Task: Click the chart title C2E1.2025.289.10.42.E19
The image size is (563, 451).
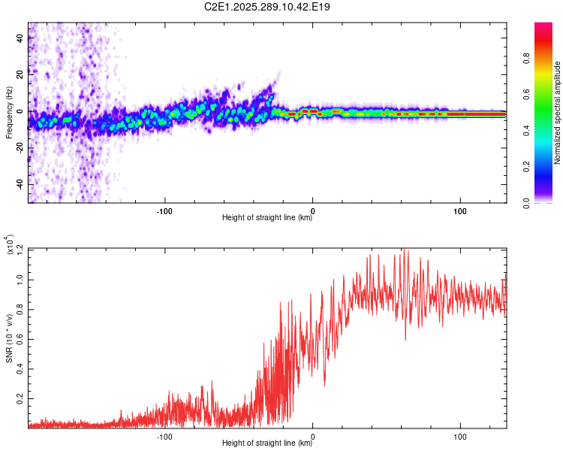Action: coord(268,7)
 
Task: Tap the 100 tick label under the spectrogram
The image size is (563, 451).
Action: coord(460,210)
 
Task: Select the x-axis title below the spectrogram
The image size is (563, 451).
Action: coord(267,218)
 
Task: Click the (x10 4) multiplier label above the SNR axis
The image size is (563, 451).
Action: coord(11,245)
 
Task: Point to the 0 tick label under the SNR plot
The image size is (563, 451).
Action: coord(312,435)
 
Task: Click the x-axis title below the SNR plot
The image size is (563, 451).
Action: coord(267,443)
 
